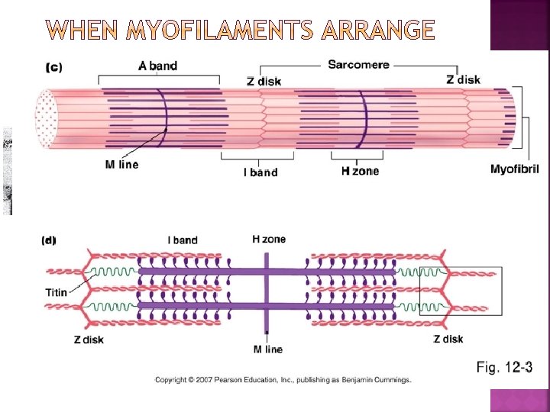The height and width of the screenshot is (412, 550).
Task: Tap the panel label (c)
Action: [x=54, y=66]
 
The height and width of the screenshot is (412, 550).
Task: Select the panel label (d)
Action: [x=48, y=240]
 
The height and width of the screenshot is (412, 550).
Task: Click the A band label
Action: [x=158, y=66]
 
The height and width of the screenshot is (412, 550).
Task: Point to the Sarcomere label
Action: [x=358, y=65]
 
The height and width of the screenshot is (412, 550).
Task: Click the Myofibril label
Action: [x=514, y=169]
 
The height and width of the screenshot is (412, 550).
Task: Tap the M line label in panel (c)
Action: [x=121, y=165]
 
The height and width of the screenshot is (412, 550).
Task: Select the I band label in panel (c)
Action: [x=260, y=172]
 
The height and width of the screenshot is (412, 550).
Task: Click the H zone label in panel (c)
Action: [x=360, y=171]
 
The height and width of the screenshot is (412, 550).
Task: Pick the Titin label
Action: [x=56, y=292]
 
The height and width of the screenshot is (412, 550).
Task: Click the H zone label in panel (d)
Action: [x=269, y=240]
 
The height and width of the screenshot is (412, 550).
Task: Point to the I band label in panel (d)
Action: [x=183, y=240]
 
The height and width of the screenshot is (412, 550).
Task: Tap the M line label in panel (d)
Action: [x=267, y=349]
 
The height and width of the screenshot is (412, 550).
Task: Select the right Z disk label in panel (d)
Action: [x=448, y=340]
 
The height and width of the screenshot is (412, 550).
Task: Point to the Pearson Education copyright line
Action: [x=283, y=379]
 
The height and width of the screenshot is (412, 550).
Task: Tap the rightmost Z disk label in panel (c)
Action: [x=464, y=79]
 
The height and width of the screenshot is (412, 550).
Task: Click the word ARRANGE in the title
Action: [x=379, y=31]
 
